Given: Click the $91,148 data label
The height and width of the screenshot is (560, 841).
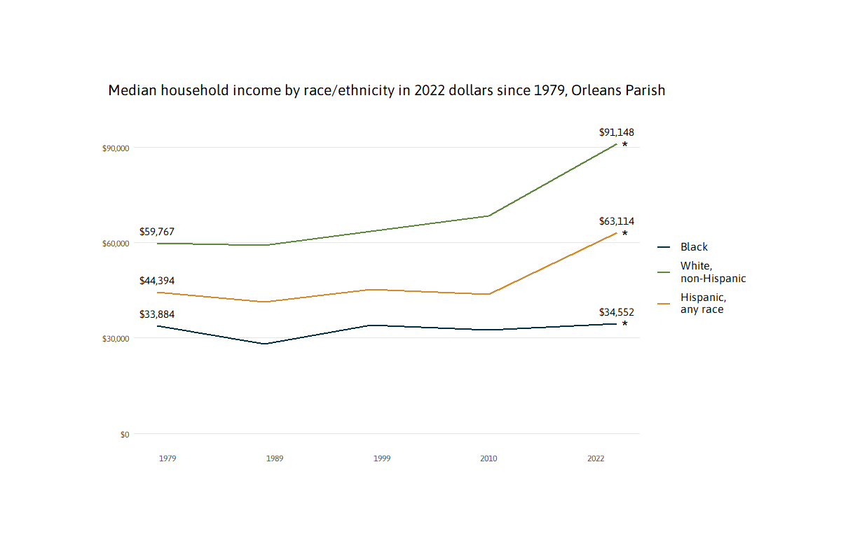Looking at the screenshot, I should point(616,132).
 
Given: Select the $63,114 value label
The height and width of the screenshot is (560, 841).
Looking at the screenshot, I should point(616,221).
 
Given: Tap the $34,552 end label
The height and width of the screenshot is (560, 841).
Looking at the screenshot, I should point(616,312).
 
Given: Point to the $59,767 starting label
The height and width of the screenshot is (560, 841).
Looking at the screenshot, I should point(157,232).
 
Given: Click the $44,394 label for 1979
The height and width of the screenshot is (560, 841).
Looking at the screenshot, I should point(157,281).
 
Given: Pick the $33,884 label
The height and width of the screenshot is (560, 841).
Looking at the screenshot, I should point(157,314).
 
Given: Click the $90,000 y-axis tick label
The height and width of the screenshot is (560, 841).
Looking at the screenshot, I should point(116,148).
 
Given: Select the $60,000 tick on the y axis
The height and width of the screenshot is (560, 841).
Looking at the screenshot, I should point(116,244).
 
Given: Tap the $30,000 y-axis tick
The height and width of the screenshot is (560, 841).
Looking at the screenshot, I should point(116,339).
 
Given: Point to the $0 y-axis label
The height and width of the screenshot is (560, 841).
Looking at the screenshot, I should point(125,435).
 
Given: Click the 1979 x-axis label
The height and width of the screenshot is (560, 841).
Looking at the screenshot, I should point(167,458).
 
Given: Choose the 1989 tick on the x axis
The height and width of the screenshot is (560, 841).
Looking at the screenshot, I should point(275,458).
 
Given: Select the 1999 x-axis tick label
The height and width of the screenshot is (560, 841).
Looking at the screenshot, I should point(382,458).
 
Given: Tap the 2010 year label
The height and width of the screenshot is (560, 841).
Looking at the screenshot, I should point(488,458).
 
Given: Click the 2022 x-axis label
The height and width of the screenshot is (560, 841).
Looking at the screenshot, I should point(596,458).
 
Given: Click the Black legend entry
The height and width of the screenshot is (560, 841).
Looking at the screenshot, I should point(694,247).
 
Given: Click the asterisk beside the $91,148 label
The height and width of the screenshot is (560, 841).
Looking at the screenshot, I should point(624,145).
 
